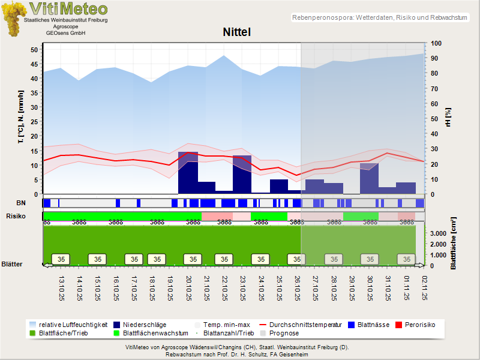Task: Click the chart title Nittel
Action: tap(236, 32)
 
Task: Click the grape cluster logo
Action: tap(13, 19)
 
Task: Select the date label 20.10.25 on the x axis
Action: tap(188, 287)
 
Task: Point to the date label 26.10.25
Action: tap(297, 287)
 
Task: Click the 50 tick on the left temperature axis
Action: tap(34, 49)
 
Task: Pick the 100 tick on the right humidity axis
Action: tap(436, 44)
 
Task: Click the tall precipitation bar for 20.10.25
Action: tap(188, 174)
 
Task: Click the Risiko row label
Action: tap(16, 215)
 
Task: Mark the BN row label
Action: tap(20, 203)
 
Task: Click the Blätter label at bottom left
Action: tap(12, 264)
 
